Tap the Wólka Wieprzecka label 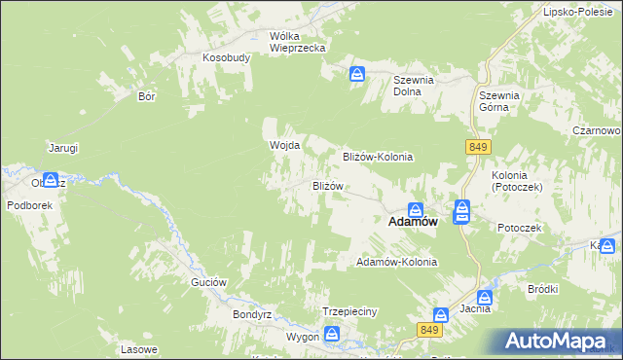point(297,41)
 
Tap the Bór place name point(148,97)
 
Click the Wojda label point(283,146)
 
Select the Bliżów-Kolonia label point(379,157)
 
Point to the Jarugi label point(63,148)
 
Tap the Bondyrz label point(250,315)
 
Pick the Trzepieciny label point(349,311)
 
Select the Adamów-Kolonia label point(397,263)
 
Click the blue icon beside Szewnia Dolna point(358,73)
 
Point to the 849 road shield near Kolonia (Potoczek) point(476,146)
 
